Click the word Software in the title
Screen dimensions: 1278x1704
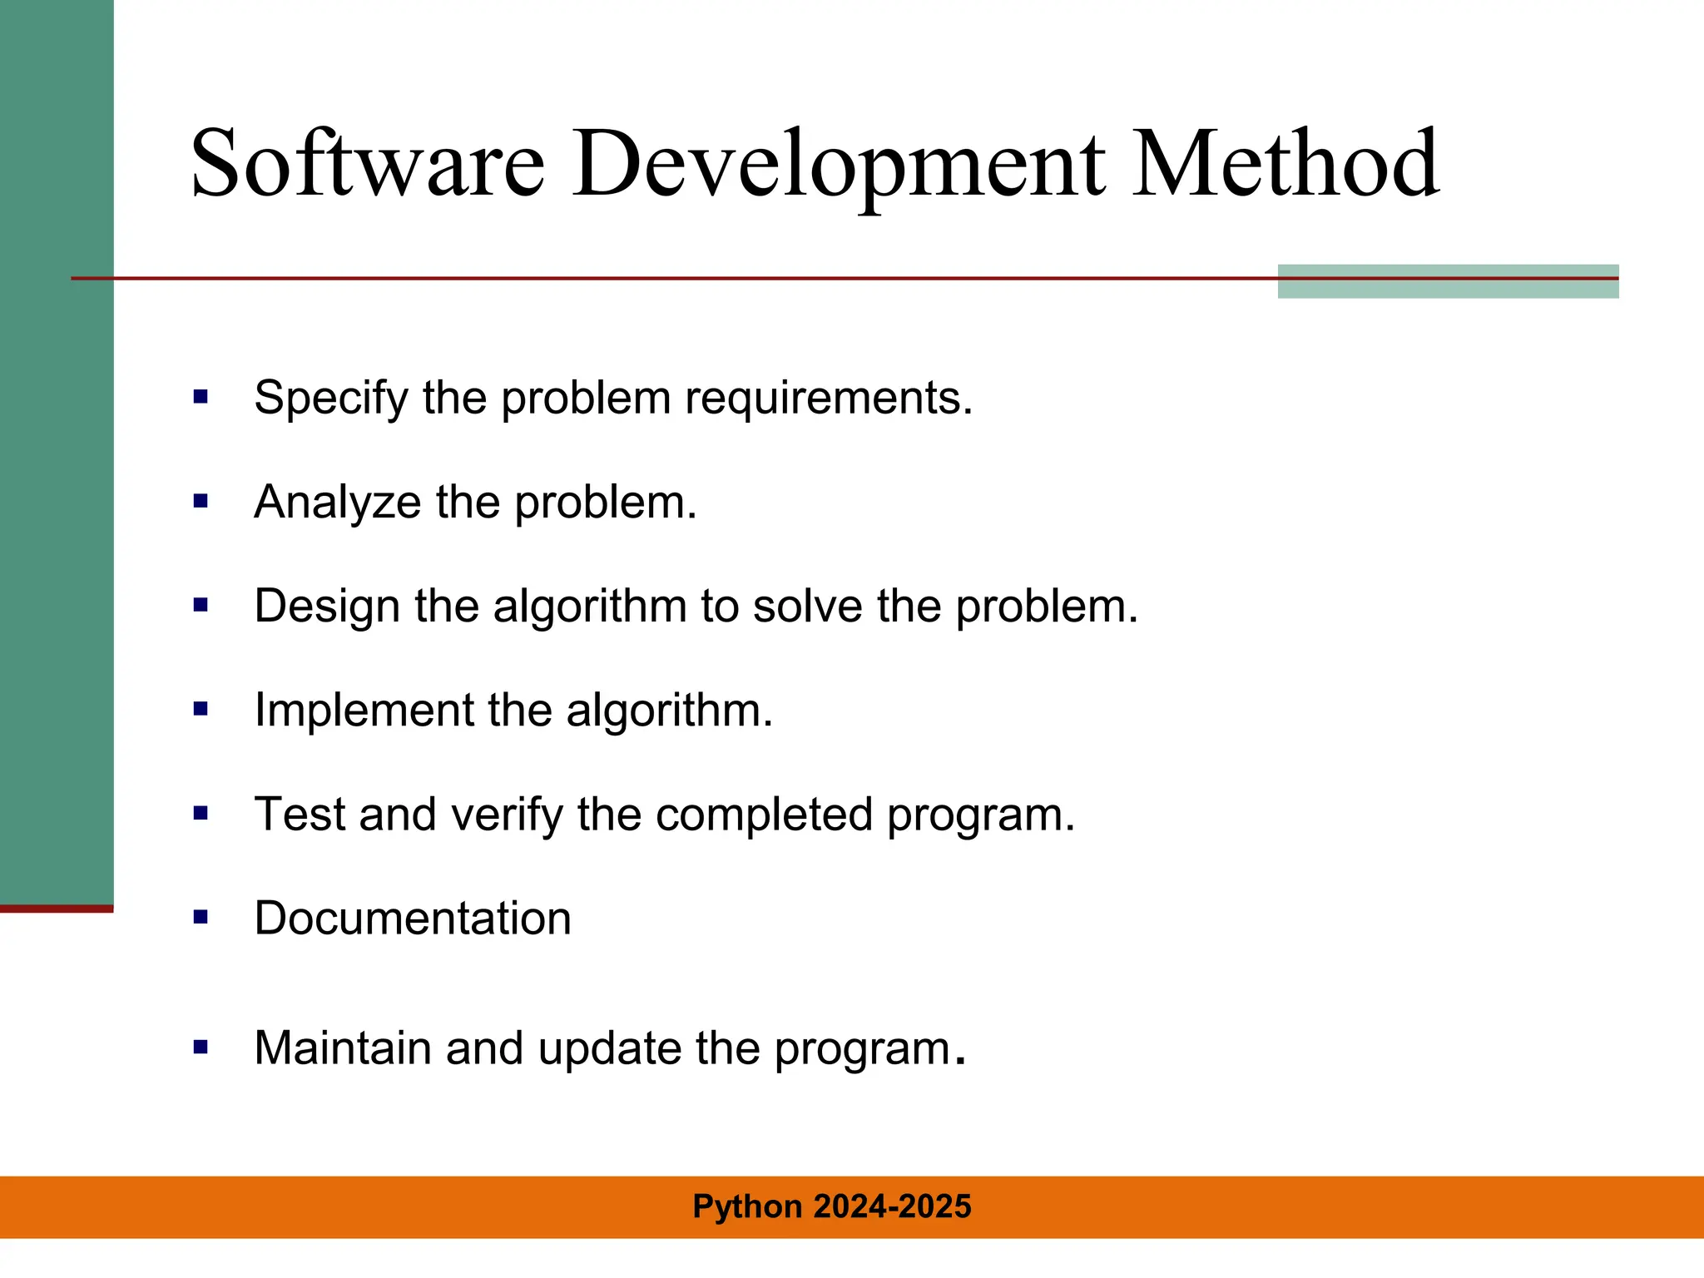367,163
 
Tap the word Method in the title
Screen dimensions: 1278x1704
1285,163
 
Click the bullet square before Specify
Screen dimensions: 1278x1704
201,397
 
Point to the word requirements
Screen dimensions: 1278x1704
829,399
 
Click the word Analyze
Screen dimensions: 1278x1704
338,503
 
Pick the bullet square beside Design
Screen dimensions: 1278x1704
201,605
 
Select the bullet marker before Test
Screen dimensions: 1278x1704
201,813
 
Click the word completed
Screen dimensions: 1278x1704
764,815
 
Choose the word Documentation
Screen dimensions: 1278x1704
413,919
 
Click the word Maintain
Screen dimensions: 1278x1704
343,1048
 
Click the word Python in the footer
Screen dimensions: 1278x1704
747,1207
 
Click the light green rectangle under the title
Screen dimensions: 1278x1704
1448,282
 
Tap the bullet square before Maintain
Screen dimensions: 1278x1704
201,1047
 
